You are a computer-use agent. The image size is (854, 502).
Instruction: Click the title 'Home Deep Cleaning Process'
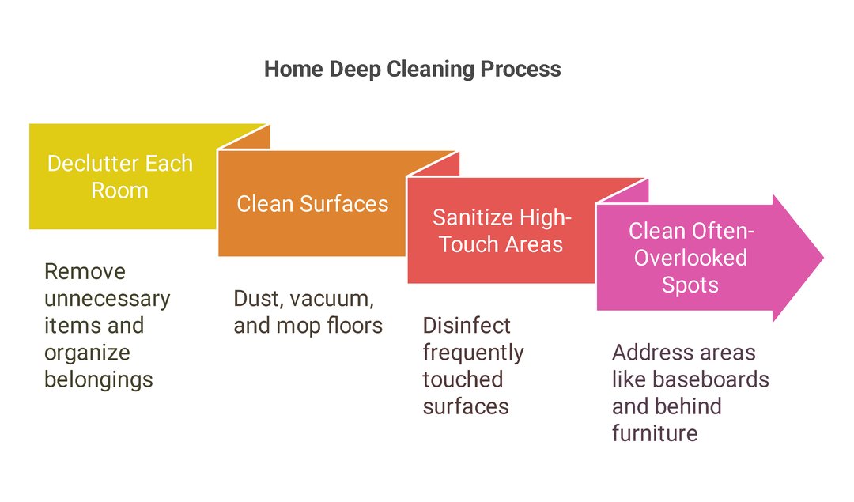[412, 69]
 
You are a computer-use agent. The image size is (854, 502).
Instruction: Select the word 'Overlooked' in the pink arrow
[690, 257]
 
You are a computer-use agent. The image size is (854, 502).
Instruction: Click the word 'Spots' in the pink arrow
[690, 284]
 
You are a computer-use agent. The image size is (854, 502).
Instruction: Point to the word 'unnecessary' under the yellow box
[107, 299]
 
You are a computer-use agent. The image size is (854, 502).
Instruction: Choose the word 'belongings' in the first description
[99, 379]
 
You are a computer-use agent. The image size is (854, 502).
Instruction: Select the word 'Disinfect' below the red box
[466, 326]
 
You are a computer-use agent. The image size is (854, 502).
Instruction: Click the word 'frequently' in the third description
[472, 353]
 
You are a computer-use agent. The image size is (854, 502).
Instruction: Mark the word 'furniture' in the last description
[654, 433]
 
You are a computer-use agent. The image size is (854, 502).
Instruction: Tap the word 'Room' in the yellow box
[119, 191]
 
